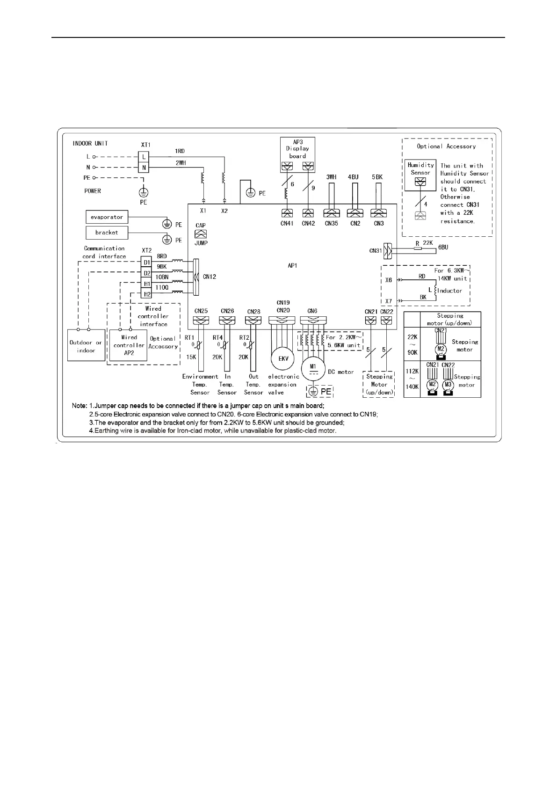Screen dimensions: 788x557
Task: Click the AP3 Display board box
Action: pyautogui.click(x=297, y=149)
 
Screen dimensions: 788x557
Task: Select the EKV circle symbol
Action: pyautogui.click(x=283, y=359)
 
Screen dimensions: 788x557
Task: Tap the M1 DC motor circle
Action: pyautogui.click(x=313, y=368)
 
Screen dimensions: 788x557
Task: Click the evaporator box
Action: pyautogui.click(x=107, y=217)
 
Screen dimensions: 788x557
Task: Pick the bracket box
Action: pyautogui.click(x=107, y=233)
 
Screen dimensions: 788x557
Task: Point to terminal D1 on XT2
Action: pyautogui.click(x=147, y=263)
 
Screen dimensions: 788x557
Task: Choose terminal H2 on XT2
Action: pyautogui.click(x=147, y=294)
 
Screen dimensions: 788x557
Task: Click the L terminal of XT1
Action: pyautogui.click(x=144, y=157)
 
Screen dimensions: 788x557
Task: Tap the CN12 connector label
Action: pyautogui.click(x=210, y=277)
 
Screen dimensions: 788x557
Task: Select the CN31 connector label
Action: pyautogui.click(x=376, y=251)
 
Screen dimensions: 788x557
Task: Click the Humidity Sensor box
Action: pyautogui.click(x=420, y=169)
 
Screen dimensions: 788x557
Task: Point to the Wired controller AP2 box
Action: pyautogui.click(x=129, y=345)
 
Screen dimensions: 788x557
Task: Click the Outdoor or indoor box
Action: pyautogui.click(x=86, y=346)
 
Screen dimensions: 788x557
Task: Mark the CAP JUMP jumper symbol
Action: pyautogui.click(x=201, y=234)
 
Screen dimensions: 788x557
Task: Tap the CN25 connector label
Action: pyautogui.click(x=201, y=311)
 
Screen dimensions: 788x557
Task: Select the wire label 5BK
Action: pyautogui.click(x=377, y=177)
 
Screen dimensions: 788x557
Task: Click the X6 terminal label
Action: pyautogui.click(x=389, y=280)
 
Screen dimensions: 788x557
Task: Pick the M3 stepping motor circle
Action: pyautogui.click(x=448, y=385)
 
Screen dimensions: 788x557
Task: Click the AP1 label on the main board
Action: pyautogui.click(x=292, y=265)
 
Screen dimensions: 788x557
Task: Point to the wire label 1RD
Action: pyautogui.click(x=180, y=151)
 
